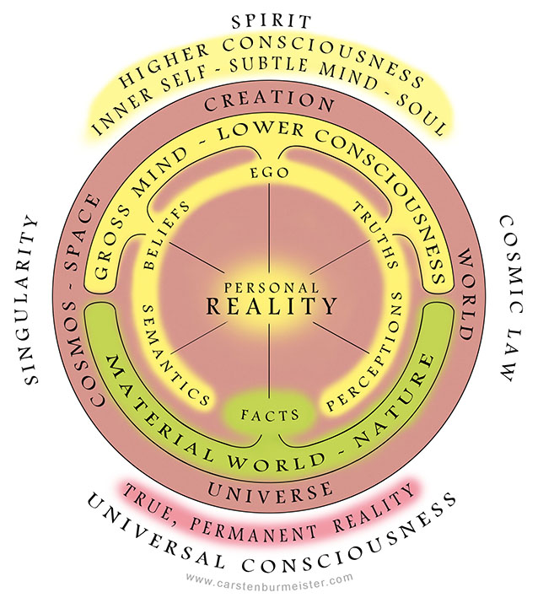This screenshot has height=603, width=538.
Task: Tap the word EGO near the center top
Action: [x=270, y=172]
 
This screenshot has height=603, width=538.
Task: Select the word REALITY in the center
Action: [x=270, y=304]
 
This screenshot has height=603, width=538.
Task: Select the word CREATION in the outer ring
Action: [x=270, y=104]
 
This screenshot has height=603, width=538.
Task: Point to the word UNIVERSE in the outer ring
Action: [x=270, y=490]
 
